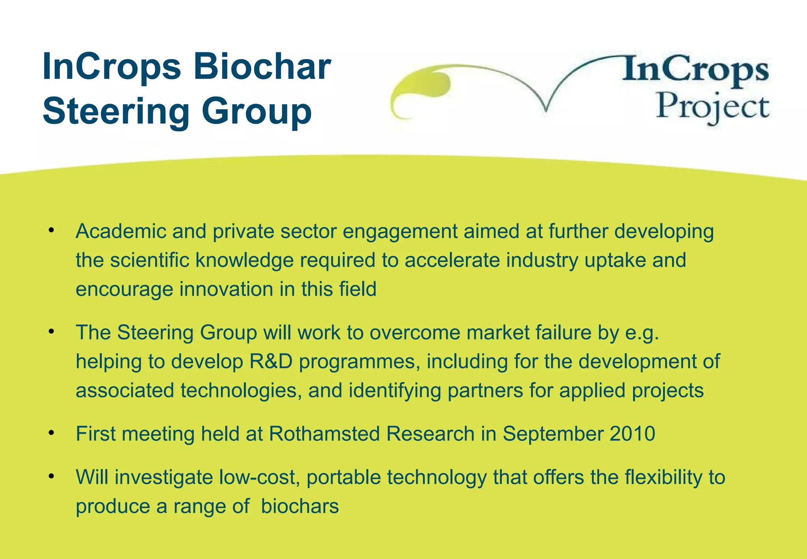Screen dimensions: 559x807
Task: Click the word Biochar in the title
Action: tap(262, 67)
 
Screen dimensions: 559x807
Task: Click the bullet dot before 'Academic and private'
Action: tap(51, 230)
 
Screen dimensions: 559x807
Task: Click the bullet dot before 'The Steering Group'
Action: tap(51, 332)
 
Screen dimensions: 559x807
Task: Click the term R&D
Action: tap(271, 361)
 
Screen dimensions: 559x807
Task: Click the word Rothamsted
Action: tap(324, 434)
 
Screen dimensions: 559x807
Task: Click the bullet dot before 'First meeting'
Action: tap(51, 433)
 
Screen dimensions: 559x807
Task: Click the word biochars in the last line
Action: tap(300, 506)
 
